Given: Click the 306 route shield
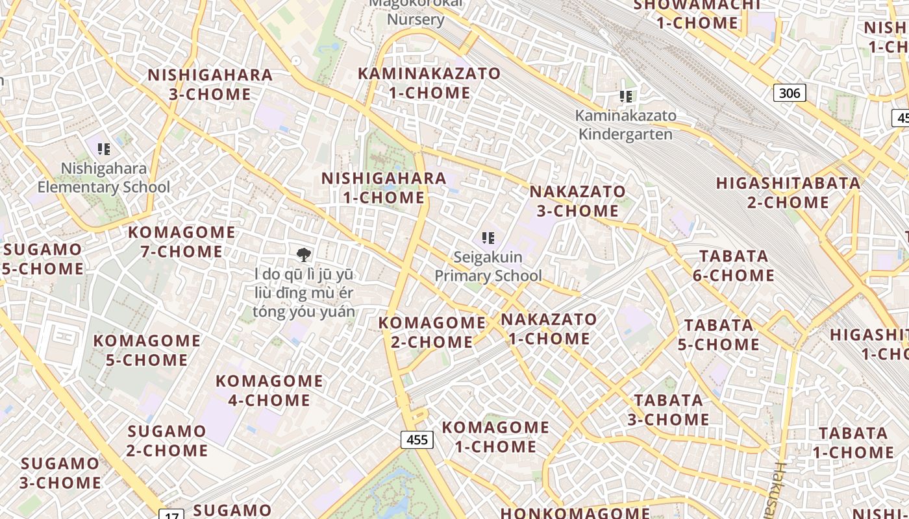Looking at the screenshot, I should [790, 93].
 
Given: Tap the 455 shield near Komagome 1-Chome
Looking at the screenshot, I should [416, 440].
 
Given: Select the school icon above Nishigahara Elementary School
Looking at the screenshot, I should [103, 149].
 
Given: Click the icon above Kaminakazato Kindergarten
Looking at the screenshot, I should [626, 97].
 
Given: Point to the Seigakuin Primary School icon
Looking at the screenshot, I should [488, 238].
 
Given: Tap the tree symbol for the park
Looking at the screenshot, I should [303, 254].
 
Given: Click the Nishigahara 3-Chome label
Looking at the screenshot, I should [210, 84].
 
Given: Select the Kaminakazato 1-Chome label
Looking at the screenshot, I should [429, 83].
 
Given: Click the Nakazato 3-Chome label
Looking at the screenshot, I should [577, 201].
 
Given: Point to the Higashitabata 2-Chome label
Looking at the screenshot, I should [788, 193].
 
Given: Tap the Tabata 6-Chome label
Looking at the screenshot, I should [733, 265].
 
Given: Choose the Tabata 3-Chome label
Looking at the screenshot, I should [668, 409].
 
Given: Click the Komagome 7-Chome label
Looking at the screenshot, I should [182, 241].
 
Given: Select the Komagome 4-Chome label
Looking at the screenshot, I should [269, 390].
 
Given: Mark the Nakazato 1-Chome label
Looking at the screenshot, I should [549, 329].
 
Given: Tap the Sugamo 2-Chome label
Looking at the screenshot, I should [167, 441].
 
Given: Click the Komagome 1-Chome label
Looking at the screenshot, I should [495, 437].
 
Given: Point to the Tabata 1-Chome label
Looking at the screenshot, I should [853, 442].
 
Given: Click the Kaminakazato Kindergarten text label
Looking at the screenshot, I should [626, 125].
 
